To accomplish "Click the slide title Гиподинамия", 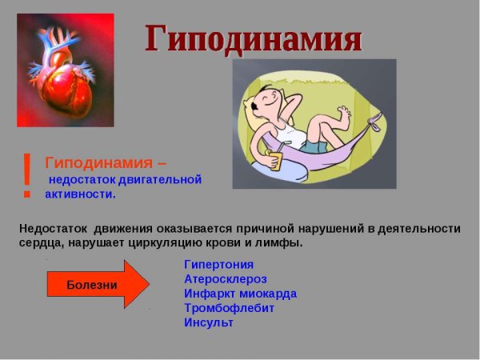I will (254, 38).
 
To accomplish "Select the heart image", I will (65, 70).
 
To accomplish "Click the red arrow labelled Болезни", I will (97, 284).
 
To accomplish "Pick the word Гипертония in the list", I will (218, 264).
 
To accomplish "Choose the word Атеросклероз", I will (225, 279).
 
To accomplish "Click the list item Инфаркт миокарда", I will (240, 294).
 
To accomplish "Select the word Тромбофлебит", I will (229, 308).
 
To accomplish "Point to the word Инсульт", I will (208, 322).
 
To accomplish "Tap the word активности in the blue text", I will (80, 194).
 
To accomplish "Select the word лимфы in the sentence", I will (284, 242).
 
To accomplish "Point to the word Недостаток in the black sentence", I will (50, 228).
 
